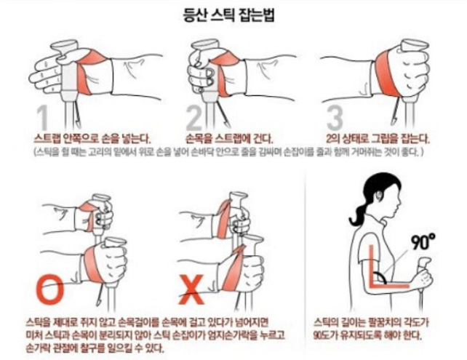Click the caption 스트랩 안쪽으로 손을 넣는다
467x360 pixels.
pyautogui.click(x=92, y=137)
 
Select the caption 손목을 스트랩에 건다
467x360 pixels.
pyautogui.click(x=230, y=137)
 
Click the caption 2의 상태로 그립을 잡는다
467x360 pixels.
pyautogui.click(x=378, y=137)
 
